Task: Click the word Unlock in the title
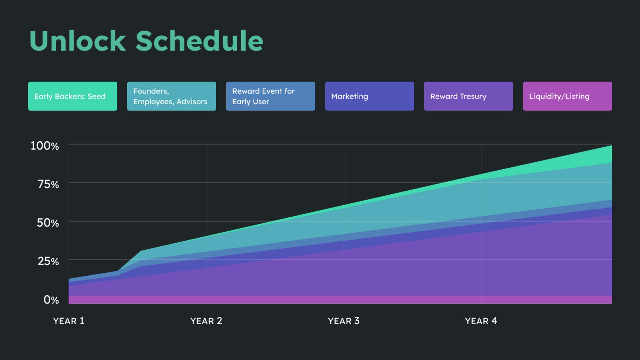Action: pos(78,41)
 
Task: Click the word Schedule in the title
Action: pos(199,41)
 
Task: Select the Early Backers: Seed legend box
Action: pos(73,96)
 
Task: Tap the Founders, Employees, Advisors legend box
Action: pos(172,96)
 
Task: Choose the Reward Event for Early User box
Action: pos(270,96)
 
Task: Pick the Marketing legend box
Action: pos(369,96)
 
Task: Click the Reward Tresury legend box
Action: pos(468,96)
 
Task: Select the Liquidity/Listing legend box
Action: pos(567,96)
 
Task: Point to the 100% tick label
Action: pos(45,146)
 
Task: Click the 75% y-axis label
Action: pos(48,184)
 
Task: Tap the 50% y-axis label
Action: pos(48,223)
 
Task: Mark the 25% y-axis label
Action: pos(48,261)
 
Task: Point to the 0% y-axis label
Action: pos(51,300)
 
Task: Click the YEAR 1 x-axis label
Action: pos(68,321)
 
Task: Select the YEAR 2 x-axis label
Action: pos(206,321)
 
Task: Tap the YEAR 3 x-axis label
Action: pos(343,321)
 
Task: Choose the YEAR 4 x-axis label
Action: pos(481,321)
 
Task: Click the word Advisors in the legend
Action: pos(192,102)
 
